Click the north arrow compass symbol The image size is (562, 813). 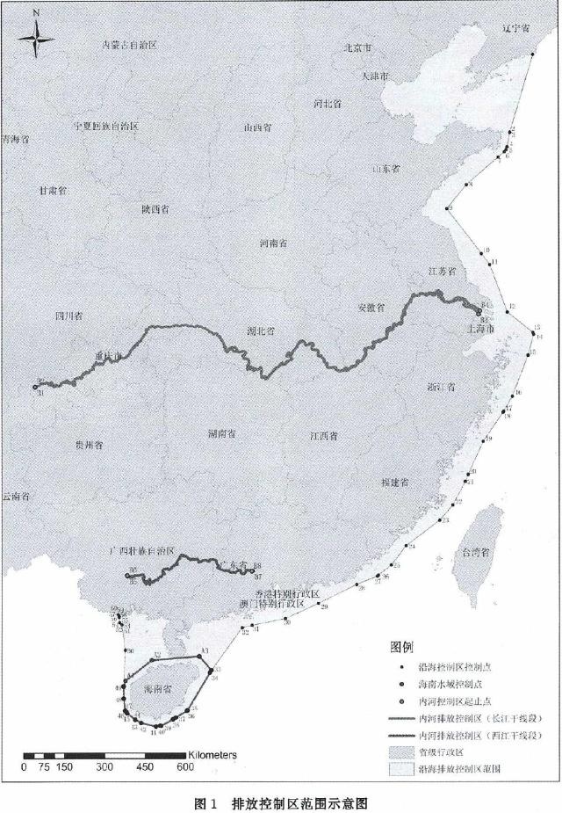36,36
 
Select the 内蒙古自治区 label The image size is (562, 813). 129,44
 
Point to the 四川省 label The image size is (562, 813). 68,314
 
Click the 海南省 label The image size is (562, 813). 160,692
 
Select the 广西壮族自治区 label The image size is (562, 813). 144,551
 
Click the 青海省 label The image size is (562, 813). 15,139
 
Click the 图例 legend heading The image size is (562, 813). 401,649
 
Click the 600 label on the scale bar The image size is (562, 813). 184,767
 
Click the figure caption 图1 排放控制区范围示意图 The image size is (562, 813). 280,802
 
